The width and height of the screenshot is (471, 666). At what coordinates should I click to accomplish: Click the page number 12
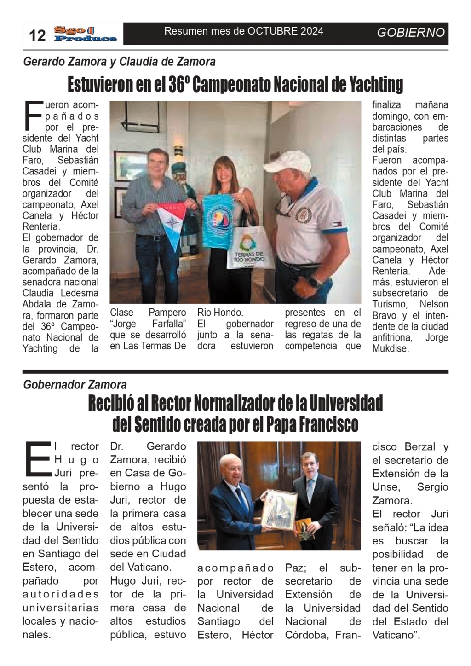38,35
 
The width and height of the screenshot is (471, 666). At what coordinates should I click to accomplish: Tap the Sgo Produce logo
85,34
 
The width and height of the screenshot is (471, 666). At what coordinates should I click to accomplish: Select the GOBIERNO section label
411,32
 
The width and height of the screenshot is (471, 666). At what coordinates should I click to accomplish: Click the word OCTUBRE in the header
273,31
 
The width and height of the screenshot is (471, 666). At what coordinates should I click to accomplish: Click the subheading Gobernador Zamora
75,384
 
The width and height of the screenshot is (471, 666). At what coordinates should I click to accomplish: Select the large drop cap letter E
36,458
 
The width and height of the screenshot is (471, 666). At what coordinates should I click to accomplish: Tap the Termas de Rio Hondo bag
249,249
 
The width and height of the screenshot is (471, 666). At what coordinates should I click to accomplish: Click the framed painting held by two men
281,509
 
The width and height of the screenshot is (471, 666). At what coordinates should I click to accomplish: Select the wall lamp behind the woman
178,150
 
